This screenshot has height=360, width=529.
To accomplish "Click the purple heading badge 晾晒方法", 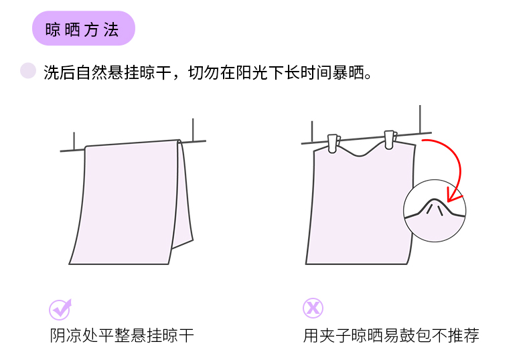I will tap(83, 29).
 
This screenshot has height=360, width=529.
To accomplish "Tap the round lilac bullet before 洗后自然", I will tap(28, 71).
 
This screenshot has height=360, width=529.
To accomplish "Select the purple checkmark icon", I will tap(60, 308).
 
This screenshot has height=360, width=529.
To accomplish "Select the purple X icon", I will tap(313, 308).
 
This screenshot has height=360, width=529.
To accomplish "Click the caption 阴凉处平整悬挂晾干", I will tap(122, 335).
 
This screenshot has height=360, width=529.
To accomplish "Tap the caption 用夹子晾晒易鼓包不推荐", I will tap(391, 335).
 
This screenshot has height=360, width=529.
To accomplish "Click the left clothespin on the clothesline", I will tap(333, 143).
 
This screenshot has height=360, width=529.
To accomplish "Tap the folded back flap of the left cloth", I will tap(185, 201).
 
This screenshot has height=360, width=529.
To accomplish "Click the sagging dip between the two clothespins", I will tap(362, 155).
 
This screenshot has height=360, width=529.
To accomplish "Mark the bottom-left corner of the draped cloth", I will tap(70, 263).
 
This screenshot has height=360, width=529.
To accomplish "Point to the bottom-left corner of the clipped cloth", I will tap(307, 263).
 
